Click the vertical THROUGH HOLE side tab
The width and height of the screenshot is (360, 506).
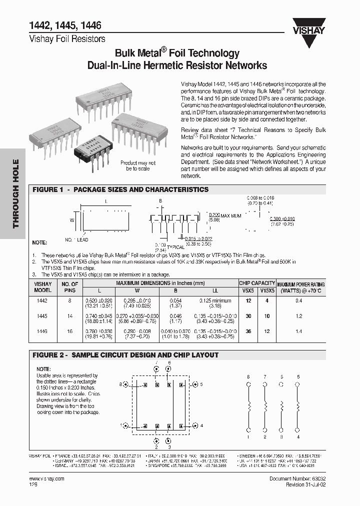pyautogui.click(x=15, y=193)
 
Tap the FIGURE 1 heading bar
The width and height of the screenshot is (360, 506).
pyautogui.click(x=120, y=189)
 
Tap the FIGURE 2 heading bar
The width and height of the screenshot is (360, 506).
pyautogui.click(x=125, y=355)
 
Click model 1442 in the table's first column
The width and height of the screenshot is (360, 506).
pyautogui.click(x=42, y=301)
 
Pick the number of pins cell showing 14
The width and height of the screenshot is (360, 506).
pyautogui.click(x=69, y=316)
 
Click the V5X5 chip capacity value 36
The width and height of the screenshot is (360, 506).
pyautogui.click(x=248, y=331)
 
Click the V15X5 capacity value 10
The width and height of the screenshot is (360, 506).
pyautogui.click(x=267, y=316)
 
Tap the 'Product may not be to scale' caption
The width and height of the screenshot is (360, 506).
pyautogui.click(x=138, y=166)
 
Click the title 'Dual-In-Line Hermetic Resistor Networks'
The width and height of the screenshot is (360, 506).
pyautogui.click(x=177, y=65)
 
